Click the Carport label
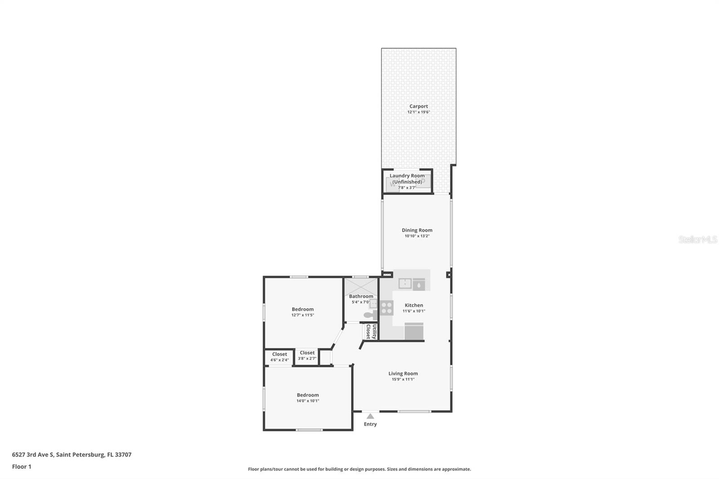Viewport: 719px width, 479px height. [x=418, y=106]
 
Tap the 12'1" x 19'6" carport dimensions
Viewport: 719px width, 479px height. [x=418, y=112]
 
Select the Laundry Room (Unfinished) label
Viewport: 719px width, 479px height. [x=407, y=179]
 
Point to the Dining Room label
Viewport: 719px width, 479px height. [x=417, y=230]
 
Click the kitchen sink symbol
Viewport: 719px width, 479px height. [x=405, y=284]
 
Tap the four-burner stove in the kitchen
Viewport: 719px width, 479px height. [x=386, y=308]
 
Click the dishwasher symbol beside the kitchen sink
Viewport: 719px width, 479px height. [x=419, y=284]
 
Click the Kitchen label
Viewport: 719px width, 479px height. [x=413, y=306]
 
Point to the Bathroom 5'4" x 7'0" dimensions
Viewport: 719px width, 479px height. [x=360, y=302]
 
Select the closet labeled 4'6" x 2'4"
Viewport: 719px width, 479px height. [x=279, y=357]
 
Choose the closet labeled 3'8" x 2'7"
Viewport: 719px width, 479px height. [x=307, y=355]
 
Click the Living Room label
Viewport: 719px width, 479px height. [x=403, y=373]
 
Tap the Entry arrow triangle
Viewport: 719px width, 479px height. [x=370, y=417]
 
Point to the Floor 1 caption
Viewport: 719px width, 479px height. [x=22, y=466]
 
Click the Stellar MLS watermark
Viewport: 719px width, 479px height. [x=697, y=239]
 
